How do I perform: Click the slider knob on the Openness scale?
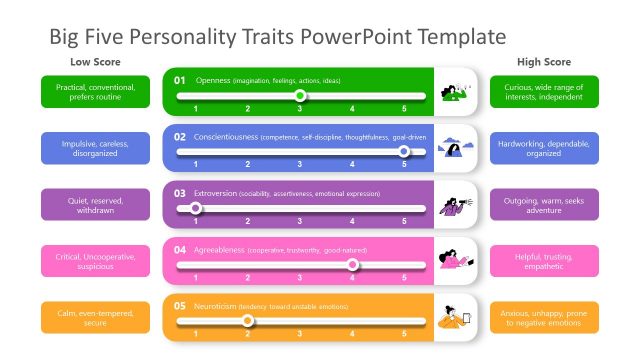coord(300,96)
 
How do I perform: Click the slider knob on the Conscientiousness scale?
coord(404,152)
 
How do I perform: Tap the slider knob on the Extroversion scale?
coord(196,209)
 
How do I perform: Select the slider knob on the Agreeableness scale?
coord(352,265)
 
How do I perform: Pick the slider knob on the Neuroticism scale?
coord(248,321)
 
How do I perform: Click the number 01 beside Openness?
coord(180,79)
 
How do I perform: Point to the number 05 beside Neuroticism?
coord(180,305)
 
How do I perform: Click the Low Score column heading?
coord(95,62)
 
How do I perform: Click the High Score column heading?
coord(544,62)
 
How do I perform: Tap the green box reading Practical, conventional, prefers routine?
coord(95,92)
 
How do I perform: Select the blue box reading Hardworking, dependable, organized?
coord(544,148)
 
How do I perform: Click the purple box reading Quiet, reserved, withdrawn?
coord(95,205)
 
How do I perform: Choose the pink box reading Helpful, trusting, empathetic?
coord(544,261)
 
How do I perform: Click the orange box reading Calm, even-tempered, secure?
coord(95,317)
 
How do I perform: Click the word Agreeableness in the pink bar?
coord(219,249)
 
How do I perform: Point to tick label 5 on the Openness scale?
coord(404,107)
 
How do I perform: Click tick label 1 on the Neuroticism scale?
coord(195,333)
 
